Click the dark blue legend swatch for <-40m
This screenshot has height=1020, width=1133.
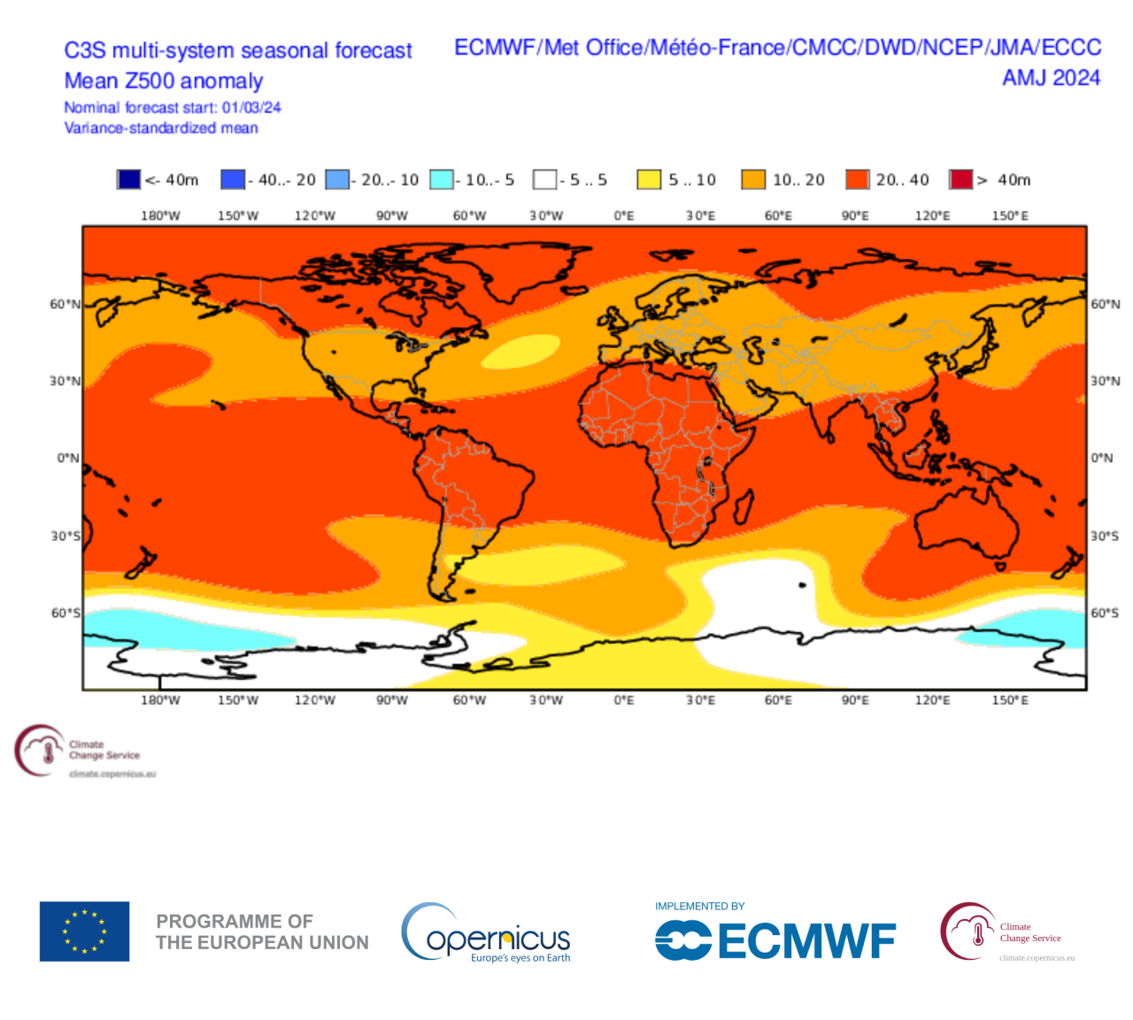128,180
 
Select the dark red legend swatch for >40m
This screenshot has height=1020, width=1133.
960,180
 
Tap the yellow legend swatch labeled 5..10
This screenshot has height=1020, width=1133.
649,180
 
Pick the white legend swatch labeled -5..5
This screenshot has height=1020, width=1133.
544,180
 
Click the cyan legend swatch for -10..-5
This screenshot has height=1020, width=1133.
441,180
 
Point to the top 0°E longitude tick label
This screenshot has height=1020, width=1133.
624,215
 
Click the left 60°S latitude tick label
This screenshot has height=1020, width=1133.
65,613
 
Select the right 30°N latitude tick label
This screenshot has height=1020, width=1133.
1105,381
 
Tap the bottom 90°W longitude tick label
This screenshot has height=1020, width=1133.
392,700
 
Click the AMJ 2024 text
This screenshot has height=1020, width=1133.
1051,78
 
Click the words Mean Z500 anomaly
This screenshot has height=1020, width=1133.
164,81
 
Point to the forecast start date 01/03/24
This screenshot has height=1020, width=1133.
251,108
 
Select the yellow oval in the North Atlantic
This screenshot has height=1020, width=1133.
520,352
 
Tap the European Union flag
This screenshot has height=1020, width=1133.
84,931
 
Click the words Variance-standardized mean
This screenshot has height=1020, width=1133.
161,128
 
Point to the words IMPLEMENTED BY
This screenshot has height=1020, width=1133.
699,906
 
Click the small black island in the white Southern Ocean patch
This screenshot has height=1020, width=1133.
802,585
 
